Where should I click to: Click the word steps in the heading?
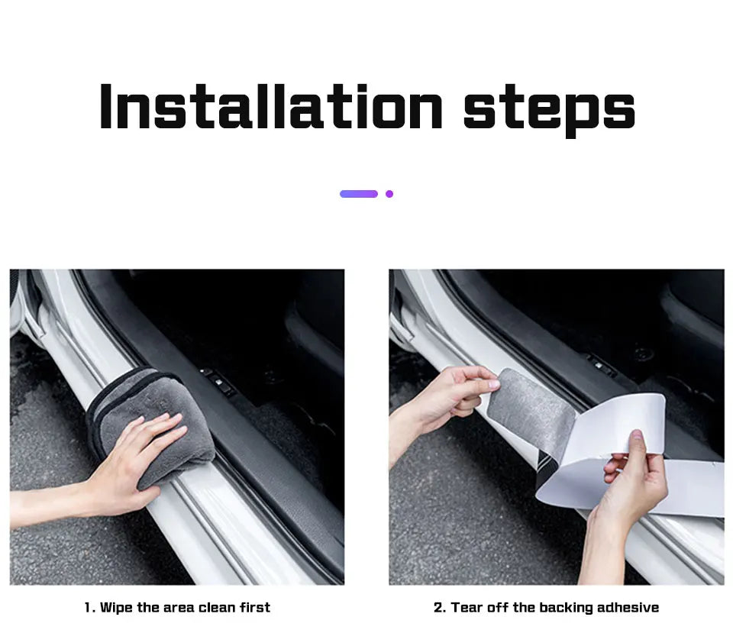(549, 108)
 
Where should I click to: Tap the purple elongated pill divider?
(359, 194)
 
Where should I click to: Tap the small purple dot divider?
(389, 194)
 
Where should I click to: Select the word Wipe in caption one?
(117, 608)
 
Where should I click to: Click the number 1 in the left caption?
(89, 608)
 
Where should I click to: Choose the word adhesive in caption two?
(628, 608)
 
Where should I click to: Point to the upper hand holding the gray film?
(450, 397)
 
